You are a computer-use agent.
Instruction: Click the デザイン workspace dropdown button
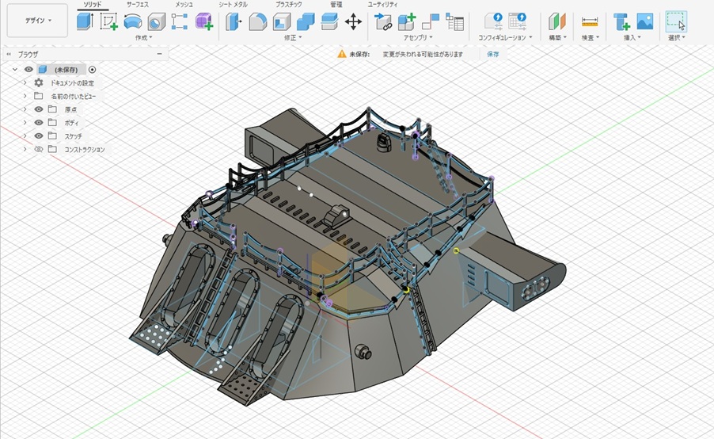coord(37,21)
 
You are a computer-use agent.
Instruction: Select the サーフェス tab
coord(137,5)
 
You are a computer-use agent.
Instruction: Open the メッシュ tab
coord(184,5)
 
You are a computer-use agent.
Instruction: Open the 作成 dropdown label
coord(142,37)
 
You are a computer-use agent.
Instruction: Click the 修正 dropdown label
coord(292,37)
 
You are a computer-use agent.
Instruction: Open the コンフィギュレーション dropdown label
coord(506,37)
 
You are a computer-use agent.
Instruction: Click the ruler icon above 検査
coord(590,21)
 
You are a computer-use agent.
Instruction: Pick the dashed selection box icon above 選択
coord(675,21)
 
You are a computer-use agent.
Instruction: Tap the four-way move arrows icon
coord(353,21)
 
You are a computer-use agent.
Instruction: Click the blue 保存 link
coord(493,54)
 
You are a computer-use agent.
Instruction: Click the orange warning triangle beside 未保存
coord(342,54)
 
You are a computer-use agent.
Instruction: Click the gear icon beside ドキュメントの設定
coord(39,82)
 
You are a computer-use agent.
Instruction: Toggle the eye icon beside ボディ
coord(39,123)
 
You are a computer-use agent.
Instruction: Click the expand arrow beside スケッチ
coord(25,136)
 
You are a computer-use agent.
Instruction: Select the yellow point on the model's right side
coord(456,250)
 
